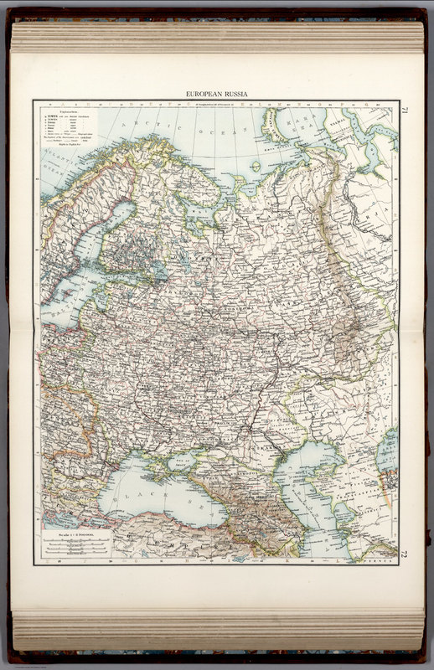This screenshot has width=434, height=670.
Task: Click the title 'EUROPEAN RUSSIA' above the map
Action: coord(216,95)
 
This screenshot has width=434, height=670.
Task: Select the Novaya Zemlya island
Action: coord(276,126)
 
